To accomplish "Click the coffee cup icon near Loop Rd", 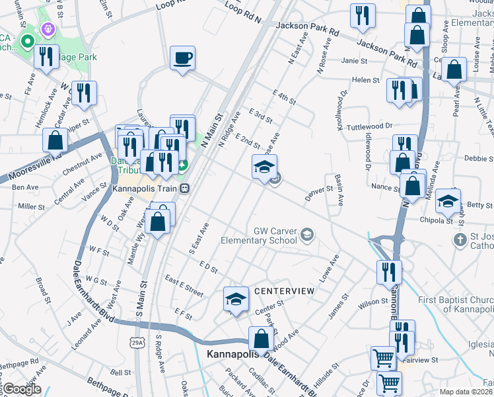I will tap(182, 58).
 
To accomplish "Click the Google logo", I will tap(21, 389).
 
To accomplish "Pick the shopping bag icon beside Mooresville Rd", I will tap(55, 140).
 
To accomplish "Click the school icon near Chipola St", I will tap(448, 201).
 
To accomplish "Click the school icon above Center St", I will tap(236, 298).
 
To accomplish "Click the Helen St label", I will tap(365, 80).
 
